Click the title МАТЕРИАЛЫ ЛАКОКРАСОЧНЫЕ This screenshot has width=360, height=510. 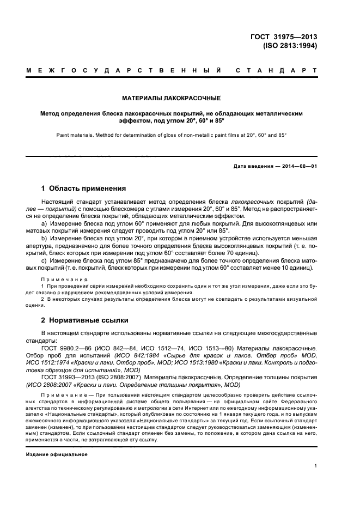171,99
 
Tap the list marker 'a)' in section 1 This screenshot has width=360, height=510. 44,223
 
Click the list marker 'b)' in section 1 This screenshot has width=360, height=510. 44,239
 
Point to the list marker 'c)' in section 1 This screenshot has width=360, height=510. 44,260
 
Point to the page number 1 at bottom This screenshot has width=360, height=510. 315,466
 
